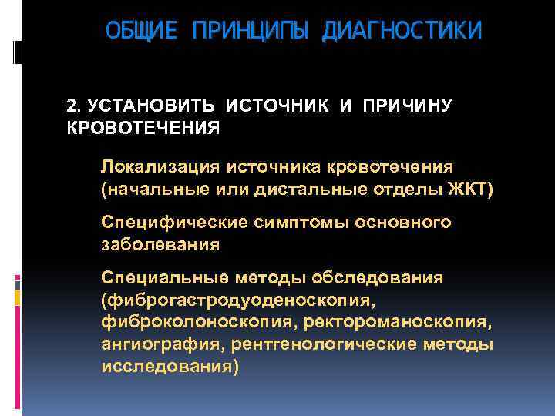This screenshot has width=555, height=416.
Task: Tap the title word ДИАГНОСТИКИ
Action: (402, 31)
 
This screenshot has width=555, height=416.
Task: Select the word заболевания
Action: (160, 244)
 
